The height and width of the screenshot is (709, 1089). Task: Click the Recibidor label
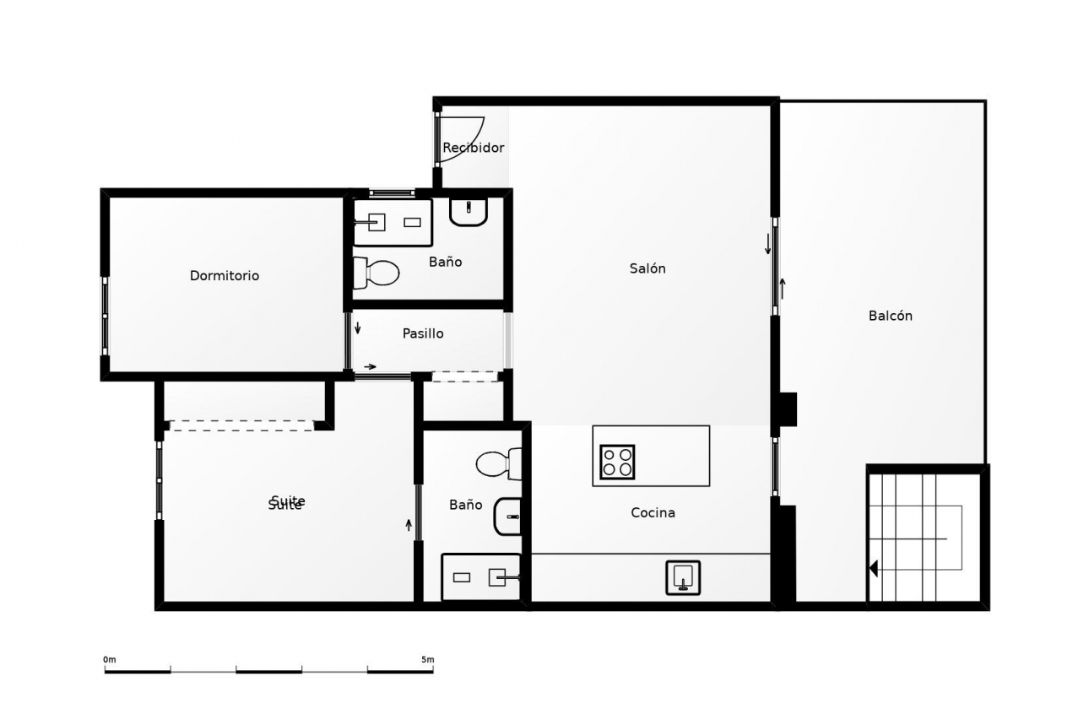[473, 148]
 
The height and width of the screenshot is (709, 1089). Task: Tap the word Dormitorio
[225, 276]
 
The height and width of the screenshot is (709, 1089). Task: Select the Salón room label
[647, 268]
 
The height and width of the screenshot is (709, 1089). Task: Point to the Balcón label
[890, 316]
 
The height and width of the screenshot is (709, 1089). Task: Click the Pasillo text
[423, 333]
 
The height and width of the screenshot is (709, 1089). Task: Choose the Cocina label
[653, 512]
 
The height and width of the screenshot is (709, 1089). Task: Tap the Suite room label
[286, 503]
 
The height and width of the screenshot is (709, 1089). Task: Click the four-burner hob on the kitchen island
[617, 462]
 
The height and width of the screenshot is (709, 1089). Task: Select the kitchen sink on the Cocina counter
[682, 577]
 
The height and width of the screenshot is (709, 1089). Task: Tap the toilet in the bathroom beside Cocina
[498, 463]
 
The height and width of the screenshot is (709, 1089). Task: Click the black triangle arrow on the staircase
[874, 568]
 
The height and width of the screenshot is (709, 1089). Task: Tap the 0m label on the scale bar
[110, 659]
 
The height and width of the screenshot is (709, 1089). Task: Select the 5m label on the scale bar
[427, 659]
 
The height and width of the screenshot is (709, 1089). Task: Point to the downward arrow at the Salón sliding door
[768, 244]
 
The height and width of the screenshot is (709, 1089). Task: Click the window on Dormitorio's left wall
[105, 316]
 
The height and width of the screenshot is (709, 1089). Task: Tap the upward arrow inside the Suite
[409, 524]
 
